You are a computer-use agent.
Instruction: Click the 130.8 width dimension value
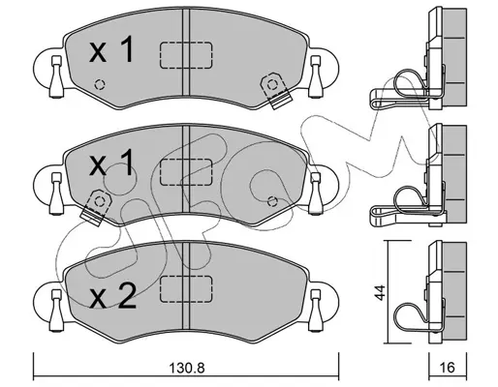click(x=187, y=368)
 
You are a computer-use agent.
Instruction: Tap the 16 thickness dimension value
click(x=448, y=368)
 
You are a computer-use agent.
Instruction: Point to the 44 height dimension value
click(x=381, y=293)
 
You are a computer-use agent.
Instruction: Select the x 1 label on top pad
click(x=111, y=49)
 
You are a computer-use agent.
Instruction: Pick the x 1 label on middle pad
click(x=111, y=163)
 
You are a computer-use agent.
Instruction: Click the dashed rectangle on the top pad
click(x=186, y=55)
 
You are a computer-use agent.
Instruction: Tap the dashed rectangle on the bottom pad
click(x=186, y=289)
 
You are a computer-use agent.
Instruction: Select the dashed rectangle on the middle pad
click(x=186, y=172)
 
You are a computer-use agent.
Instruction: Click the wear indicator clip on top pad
click(x=275, y=90)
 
